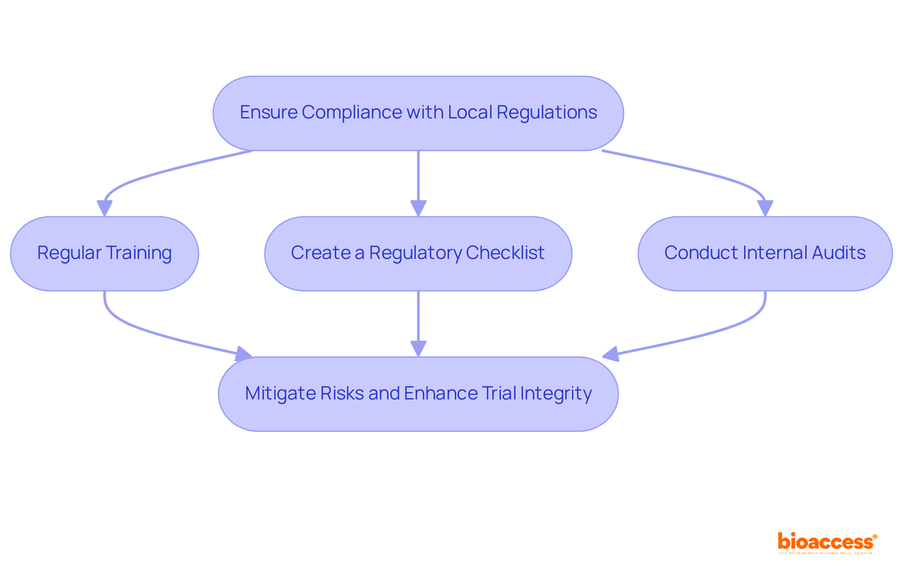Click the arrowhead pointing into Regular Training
[x=104, y=208]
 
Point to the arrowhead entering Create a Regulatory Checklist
[x=418, y=208]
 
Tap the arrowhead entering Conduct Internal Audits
[x=765, y=208]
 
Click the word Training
[x=138, y=253]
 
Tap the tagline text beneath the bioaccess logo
[x=825, y=554]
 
